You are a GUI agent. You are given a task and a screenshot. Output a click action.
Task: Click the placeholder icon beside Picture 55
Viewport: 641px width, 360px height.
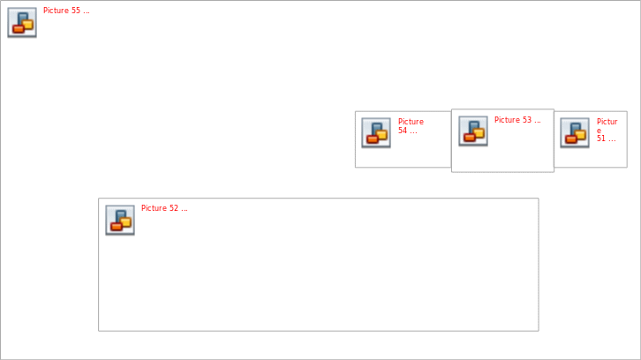click(x=22, y=22)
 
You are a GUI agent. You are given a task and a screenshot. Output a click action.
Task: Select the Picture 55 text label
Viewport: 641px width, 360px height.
click(x=66, y=11)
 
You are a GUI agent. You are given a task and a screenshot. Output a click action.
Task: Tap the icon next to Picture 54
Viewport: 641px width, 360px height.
click(x=376, y=133)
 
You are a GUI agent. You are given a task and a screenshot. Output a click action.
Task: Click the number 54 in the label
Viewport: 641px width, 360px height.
click(x=403, y=131)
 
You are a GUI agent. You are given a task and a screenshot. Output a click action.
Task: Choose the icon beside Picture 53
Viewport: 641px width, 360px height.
click(x=473, y=131)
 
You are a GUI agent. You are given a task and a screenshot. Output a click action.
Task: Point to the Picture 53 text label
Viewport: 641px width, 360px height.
click(x=517, y=120)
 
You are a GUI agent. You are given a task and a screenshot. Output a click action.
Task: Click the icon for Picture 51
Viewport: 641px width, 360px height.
click(x=575, y=133)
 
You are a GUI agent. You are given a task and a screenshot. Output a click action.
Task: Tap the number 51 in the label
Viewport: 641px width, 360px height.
click(x=601, y=139)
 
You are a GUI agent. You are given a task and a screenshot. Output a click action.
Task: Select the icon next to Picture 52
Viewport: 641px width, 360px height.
click(x=120, y=221)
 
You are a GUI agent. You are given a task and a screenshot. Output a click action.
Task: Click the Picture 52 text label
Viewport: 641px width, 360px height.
click(x=164, y=208)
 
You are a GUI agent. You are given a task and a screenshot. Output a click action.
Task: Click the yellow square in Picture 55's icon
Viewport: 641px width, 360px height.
click(x=27, y=26)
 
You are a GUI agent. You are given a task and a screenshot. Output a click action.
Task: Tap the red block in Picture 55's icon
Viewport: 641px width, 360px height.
click(x=19, y=28)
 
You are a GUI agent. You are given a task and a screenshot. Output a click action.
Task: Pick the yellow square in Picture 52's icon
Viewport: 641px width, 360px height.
click(x=126, y=222)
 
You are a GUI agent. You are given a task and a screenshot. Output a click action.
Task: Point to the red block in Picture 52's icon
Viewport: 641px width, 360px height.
click(x=117, y=227)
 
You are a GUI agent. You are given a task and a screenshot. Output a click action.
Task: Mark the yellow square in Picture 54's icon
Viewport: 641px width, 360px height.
click(x=381, y=135)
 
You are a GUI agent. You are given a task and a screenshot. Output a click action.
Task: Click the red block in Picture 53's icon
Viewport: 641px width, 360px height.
click(x=470, y=138)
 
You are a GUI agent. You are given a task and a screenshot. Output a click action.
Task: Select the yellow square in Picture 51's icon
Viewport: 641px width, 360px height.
click(x=580, y=135)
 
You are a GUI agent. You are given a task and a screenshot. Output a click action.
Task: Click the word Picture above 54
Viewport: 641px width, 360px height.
click(x=411, y=122)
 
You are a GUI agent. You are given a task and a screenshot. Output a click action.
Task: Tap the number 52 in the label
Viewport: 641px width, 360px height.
click(x=174, y=208)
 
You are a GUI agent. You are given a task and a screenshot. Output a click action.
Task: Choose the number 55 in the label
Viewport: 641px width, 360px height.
click(x=76, y=11)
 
